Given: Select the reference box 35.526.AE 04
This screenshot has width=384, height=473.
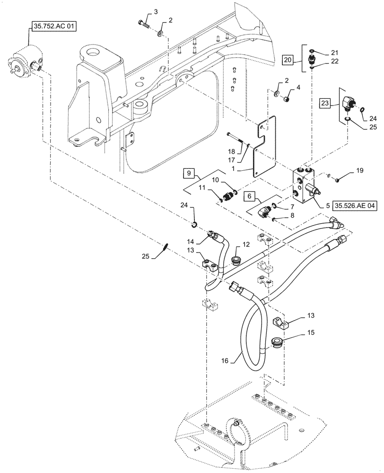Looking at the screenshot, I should tap(355, 206).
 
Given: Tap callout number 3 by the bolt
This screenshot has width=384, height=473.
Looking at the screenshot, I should tap(156, 11).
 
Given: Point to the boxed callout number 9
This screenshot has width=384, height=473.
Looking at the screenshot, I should tap(188, 173).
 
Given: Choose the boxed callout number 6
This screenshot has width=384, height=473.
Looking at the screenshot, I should tap(250, 194).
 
